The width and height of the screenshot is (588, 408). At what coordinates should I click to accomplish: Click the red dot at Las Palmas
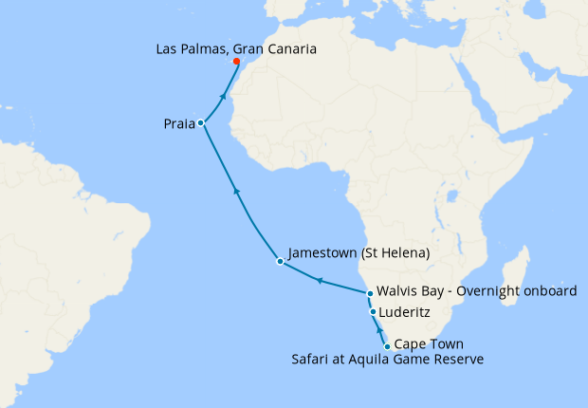[x=236, y=63]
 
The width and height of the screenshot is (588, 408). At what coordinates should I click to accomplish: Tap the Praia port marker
[x=201, y=123]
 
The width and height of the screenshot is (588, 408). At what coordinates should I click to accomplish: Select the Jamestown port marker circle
[x=279, y=261]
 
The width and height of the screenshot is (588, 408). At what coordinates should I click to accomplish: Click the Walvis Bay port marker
[x=370, y=294]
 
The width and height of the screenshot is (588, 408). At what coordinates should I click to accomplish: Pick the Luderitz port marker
[x=373, y=312]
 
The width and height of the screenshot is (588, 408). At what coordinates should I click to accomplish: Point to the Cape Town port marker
[x=387, y=346]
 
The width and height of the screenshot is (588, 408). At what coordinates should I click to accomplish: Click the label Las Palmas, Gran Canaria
[x=236, y=48]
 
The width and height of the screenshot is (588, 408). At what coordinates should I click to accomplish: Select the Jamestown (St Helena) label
[x=359, y=253]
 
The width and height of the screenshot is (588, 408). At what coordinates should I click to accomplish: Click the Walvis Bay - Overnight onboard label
[x=476, y=291]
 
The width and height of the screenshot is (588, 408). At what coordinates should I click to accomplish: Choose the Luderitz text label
[x=405, y=310]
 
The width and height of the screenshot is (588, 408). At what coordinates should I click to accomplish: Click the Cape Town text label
[x=428, y=343]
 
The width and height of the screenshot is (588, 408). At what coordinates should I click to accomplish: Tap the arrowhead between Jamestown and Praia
[x=236, y=193]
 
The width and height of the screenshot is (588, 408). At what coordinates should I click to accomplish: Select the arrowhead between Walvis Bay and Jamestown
[x=320, y=281]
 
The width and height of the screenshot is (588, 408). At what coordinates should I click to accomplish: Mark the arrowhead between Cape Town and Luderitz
[x=379, y=330]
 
